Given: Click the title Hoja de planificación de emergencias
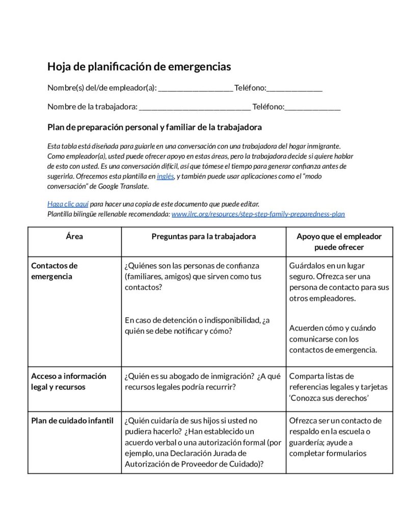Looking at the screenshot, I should coord(139,67).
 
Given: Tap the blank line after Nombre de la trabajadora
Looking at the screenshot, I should coord(194,108).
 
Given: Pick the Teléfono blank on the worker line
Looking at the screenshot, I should coord(312,108).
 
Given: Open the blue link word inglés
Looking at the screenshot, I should coord(165,176).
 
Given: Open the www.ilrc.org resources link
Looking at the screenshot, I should coord(258,214).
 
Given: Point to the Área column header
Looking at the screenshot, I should coord(74,237).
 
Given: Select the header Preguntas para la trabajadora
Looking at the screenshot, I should coord(204,237).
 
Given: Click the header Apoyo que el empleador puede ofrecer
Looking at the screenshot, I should coord(339,242).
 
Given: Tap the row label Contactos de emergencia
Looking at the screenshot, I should coord(55,271).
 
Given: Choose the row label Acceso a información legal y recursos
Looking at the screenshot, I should coord(69,381).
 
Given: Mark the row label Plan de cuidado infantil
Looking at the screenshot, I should coord(72,421).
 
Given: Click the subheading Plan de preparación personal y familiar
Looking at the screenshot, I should coord(154,127).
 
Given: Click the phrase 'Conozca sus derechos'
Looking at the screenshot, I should coord(329,398).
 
